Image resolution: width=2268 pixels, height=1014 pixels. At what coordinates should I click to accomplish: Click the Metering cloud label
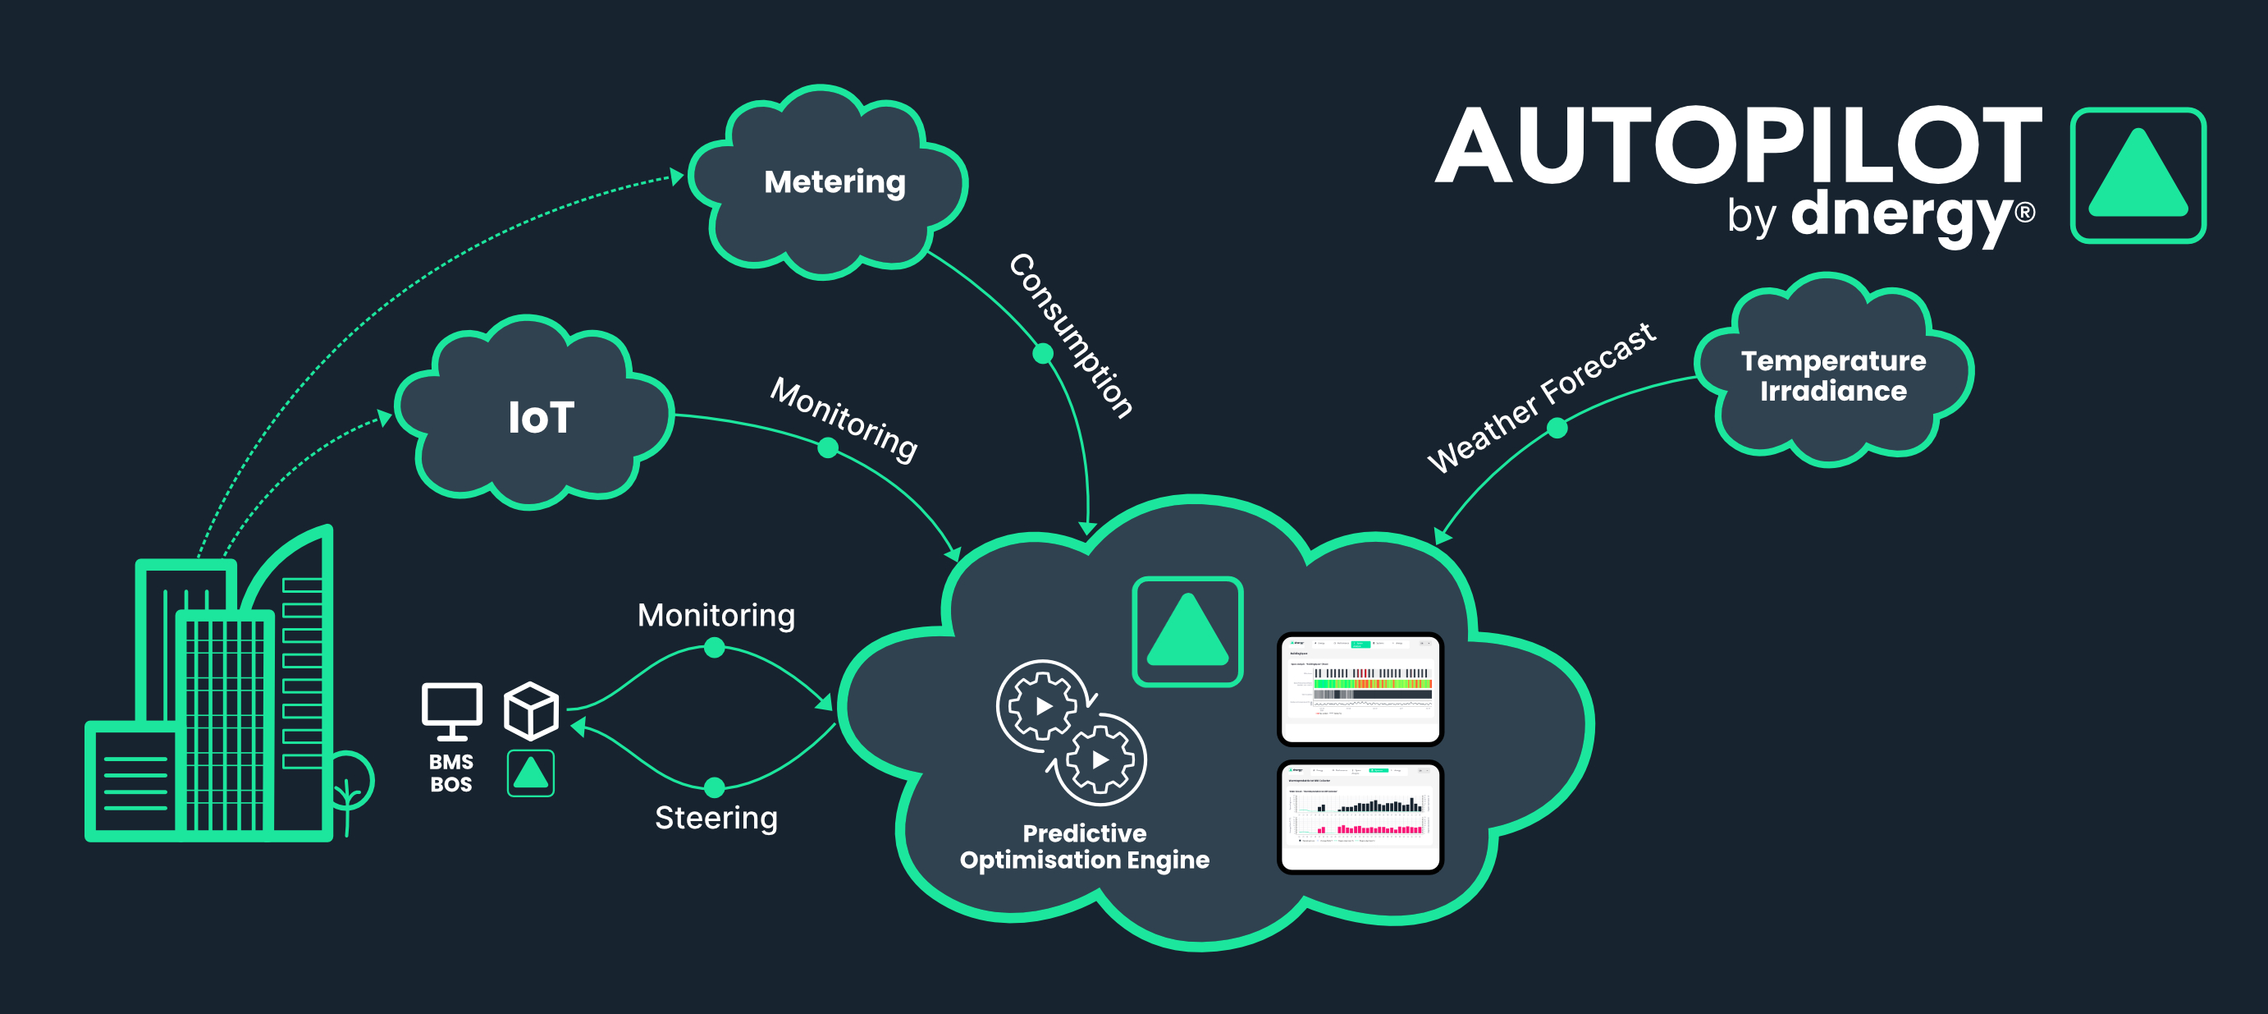pyautogui.click(x=834, y=182)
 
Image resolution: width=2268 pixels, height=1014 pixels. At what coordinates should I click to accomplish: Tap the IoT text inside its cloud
pyautogui.click(x=541, y=418)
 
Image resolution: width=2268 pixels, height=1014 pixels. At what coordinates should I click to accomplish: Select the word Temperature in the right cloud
pyautogui.click(x=1833, y=361)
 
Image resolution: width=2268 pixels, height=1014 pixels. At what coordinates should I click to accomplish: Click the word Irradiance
pyautogui.click(x=1833, y=391)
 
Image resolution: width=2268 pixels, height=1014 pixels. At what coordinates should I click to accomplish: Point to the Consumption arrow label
pyautogui.click(x=1071, y=335)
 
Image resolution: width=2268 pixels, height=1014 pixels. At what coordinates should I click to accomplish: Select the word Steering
pyautogui.click(x=716, y=818)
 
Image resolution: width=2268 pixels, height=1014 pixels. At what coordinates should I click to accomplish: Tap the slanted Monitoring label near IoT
pyautogui.click(x=844, y=419)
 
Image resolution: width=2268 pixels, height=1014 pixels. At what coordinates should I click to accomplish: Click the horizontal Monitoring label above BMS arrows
pyautogui.click(x=716, y=615)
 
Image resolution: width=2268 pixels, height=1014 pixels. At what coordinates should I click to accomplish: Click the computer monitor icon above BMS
pyautogui.click(x=451, y=710)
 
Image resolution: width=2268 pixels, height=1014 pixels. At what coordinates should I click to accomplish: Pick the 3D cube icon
pyautogui.click(x=531, y=711)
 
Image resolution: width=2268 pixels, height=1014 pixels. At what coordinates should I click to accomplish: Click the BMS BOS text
pyautogui.click(x=450, y=773)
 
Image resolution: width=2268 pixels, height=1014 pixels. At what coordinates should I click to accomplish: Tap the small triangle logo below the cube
pyautogui.click(x=531, y=773)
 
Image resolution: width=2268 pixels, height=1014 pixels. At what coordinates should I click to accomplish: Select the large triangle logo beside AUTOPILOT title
pyautogui.click(x=2138, y=176)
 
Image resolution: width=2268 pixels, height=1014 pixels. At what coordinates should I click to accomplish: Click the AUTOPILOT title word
pyautogui.click(x=1739, y=145)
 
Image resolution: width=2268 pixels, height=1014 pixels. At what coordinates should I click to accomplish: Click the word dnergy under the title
pyautogui.click(x=1902, y=214)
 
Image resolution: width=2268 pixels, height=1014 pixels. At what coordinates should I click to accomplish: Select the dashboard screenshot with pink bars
pyautogui.click(x=1360, y=818)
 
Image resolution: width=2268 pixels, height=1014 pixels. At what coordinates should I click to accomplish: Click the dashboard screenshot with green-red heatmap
pyautogui.click(x=1360, y=689)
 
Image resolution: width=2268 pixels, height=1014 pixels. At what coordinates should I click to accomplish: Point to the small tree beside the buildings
pyautogui.click(x=350, y=788)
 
